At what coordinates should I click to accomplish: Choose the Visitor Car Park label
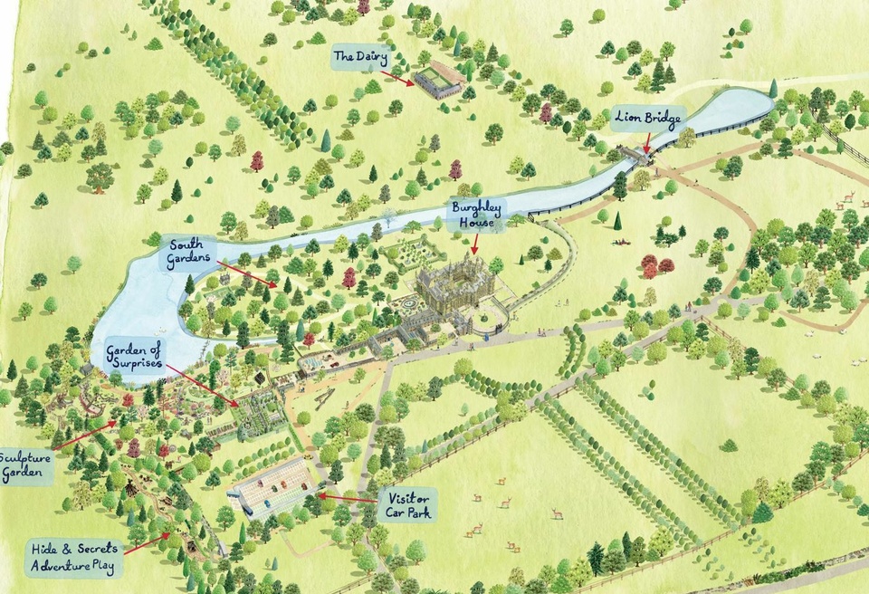[x=406, y=504]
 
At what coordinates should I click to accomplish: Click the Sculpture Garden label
[x=24, y=464]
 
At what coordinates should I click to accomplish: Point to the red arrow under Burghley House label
[x=475, y=244]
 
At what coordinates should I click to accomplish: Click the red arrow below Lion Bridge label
[x=647, y=142]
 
